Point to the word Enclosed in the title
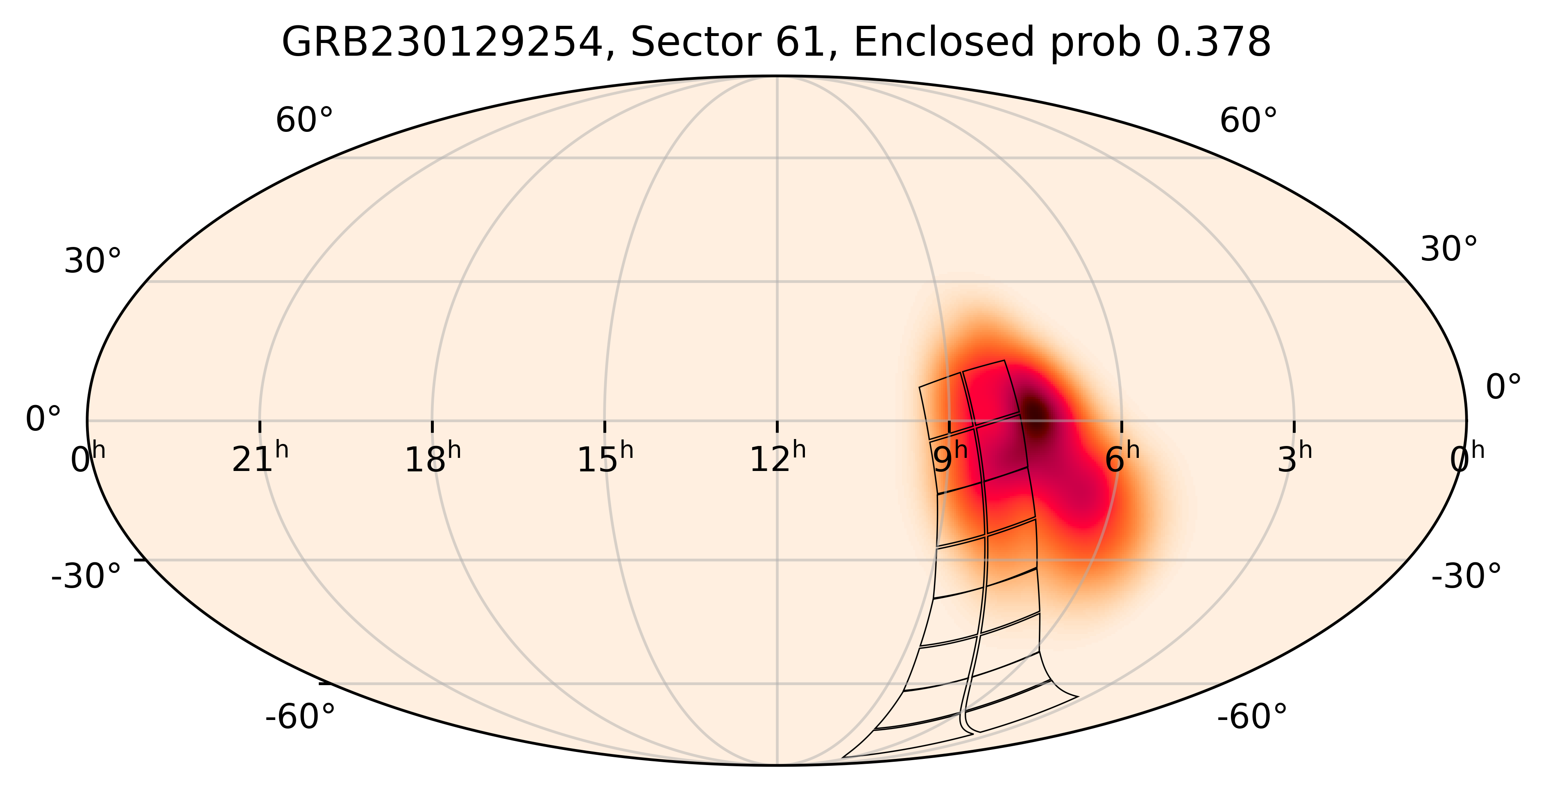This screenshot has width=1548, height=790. [x=938, y=43]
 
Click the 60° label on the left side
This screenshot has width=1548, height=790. [x=304, y=121]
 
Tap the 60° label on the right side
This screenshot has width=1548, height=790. [x=1248, y=121]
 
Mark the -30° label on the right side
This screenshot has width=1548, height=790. [x=1466, y=577]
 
